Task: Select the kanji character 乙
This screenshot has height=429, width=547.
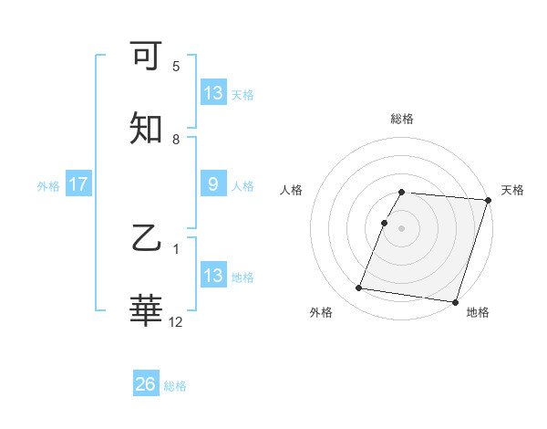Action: [x=146, y=239]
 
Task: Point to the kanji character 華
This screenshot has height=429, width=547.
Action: [x=146, y=310]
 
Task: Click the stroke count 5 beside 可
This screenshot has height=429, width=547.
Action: [x=176, y=67]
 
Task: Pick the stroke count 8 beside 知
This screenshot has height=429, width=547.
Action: [x=176, y=140]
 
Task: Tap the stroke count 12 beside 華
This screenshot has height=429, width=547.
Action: [x=176, y=321]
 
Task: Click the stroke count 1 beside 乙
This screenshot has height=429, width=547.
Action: [x=176, y=247]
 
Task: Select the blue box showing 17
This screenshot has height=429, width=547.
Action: [x=77, y=185]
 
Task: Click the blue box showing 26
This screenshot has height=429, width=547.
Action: [x=146, y=385]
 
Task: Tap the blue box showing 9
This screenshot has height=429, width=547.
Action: [x=212, y=185]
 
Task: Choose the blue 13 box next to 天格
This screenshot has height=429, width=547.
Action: [x=212, y=93]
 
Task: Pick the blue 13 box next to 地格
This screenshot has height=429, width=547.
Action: [x=212, y=276]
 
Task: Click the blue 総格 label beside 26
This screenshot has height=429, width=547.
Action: [x=175, y=386]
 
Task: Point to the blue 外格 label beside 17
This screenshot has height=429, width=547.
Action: [x=48, y=186]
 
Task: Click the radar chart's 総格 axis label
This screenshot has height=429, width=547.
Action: [x=402, y=119]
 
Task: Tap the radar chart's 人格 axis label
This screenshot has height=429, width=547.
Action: [x=292, y=190]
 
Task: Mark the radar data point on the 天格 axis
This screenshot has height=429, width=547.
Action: [x=489, y=200]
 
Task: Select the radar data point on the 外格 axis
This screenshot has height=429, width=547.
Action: [x=359, y=288]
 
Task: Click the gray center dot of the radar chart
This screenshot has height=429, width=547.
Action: [x=402, y=227]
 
